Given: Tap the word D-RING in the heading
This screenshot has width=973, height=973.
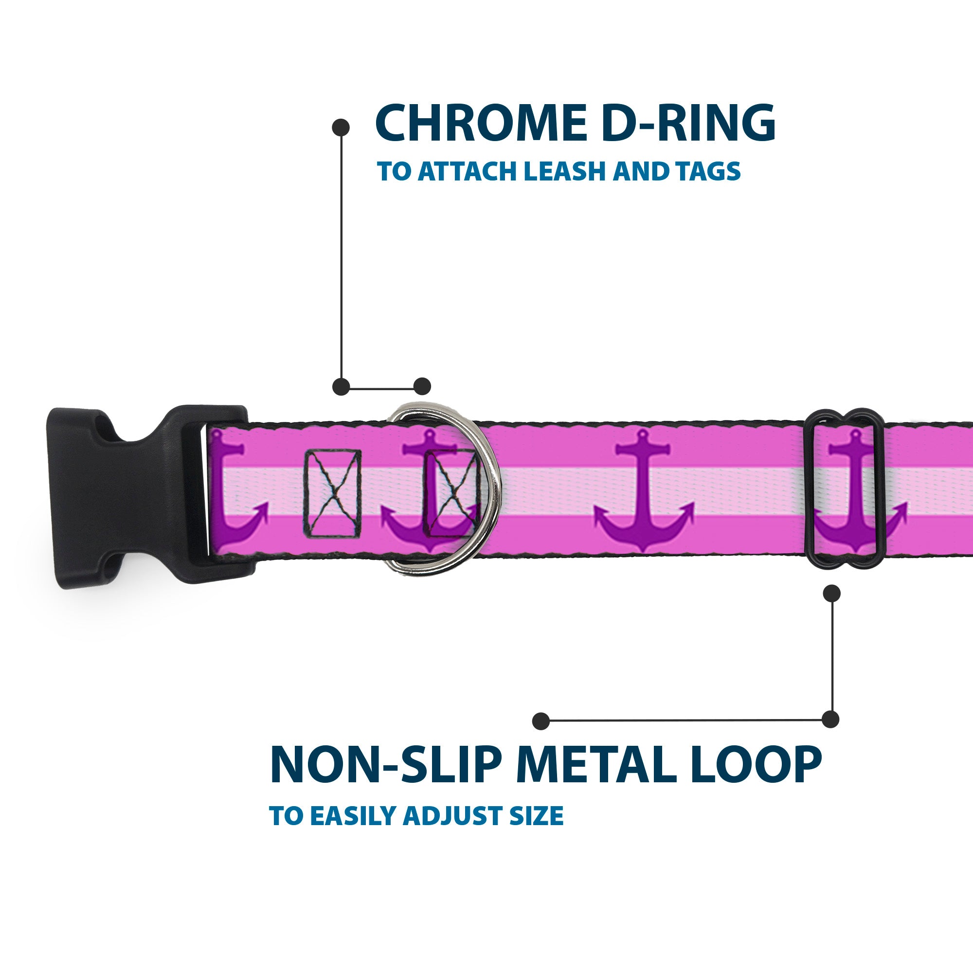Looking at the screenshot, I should tap(688, 124).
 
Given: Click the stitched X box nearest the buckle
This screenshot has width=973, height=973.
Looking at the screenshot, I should tap(332, 493).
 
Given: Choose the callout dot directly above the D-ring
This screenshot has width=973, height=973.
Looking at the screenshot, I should tap(422, 386).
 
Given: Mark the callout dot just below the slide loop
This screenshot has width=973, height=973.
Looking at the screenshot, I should tap(831, 593).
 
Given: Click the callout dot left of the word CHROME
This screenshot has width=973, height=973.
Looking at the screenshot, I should tap(341, 127).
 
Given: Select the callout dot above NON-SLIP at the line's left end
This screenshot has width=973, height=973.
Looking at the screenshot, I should tap(541, 721).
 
